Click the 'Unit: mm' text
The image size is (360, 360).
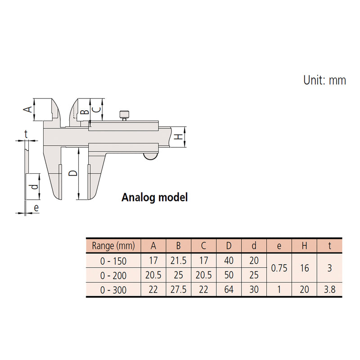click(x=324, y=80)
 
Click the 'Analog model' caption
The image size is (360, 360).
click(x=154, y=197)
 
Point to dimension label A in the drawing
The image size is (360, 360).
click(x=27, y=109)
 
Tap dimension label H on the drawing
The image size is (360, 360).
click(x=179, y=136)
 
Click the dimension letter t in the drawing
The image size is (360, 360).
click(x=26, y=134)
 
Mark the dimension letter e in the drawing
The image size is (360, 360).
click(x=36, y=208)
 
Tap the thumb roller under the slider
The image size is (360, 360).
click(x=150, y=156)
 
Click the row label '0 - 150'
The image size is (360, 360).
click(x=113, y=261)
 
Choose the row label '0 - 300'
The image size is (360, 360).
click(x=113, y=290)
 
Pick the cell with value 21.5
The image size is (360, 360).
click(x=179, y=261)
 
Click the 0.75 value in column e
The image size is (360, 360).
click(x=279, y=268)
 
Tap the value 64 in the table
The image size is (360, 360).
click(x=229, y=290)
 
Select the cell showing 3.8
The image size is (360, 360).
click(x=330, y=290)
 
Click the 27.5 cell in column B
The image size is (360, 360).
click(x=179, y=290)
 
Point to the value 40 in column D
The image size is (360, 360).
click(x=229, y=261)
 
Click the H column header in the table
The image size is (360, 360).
click(x=305, y=246)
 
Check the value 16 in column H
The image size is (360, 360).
click(x=305, y=268)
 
